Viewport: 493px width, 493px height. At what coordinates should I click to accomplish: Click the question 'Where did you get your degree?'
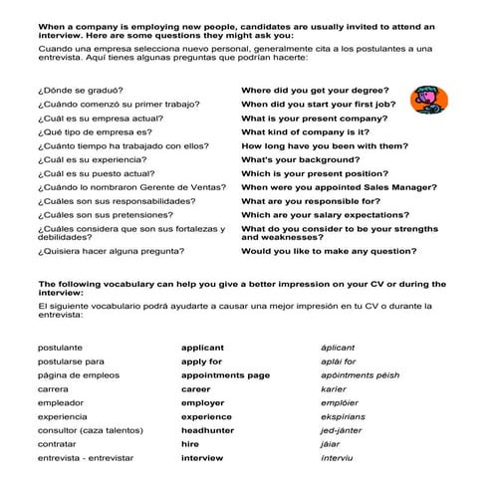[x=315, y=90]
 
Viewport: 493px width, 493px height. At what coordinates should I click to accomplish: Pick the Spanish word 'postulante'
[x=60, y=348]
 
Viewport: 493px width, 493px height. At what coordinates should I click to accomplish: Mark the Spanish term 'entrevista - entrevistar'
[x=90, y=458]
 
